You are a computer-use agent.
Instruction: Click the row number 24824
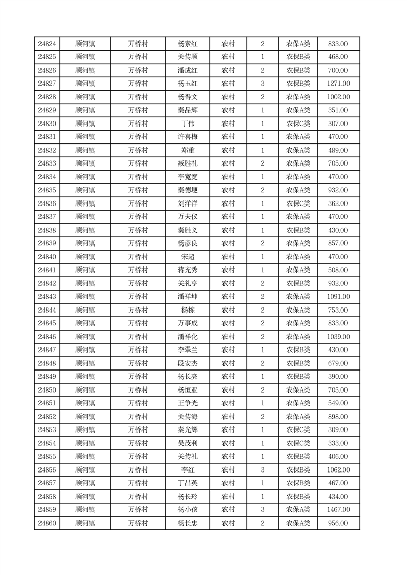[x=47, y=44]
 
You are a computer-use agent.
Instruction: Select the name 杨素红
[x=188, y=44]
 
